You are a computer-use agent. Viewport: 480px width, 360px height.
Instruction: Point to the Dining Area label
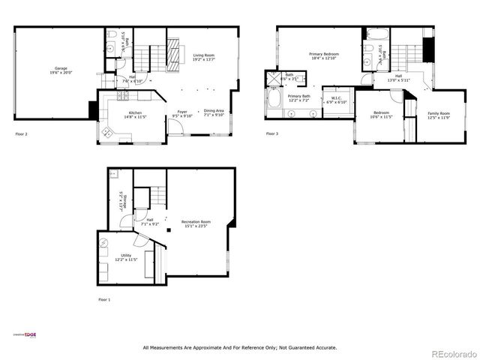coord(214,112)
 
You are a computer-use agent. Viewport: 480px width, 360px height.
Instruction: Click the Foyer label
coord(182,113)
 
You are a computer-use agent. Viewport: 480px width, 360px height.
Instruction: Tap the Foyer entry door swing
coord(174,128)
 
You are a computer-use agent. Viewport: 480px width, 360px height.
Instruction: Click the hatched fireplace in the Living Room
coord(173,57)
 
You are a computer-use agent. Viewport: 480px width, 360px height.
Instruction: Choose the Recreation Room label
coord(196,223)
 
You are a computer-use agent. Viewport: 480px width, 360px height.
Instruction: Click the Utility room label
coord(125,257)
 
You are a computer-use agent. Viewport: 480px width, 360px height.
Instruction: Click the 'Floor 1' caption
coord(104,299)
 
